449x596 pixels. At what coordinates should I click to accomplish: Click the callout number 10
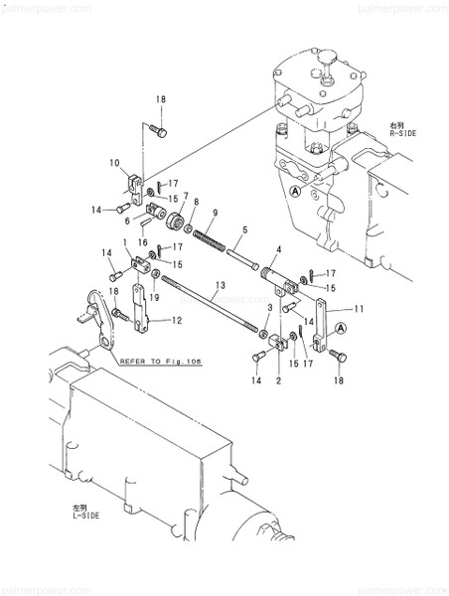[x=114, y=162]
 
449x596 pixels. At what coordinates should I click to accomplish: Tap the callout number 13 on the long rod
[x=214, y=286]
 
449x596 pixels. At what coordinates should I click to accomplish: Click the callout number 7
[x=183, y=196]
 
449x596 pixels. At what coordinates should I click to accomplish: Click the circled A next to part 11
[x=341, y=326]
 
